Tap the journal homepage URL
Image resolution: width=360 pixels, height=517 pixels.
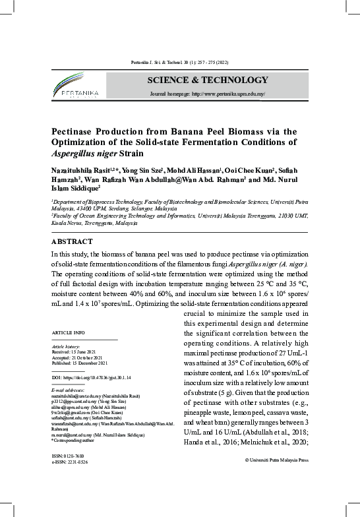coord(208,94)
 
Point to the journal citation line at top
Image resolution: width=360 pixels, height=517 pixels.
coord(179,63)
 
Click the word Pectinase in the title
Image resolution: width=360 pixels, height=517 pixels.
coord(76,131)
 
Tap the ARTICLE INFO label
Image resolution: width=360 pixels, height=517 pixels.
coord(68,332)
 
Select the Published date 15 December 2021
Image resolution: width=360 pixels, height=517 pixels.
coord(80,363)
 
